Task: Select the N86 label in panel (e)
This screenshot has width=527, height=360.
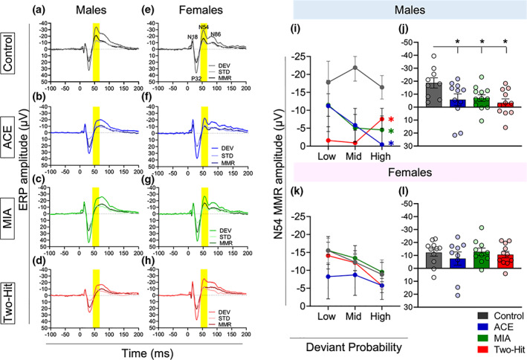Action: point(216,34)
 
